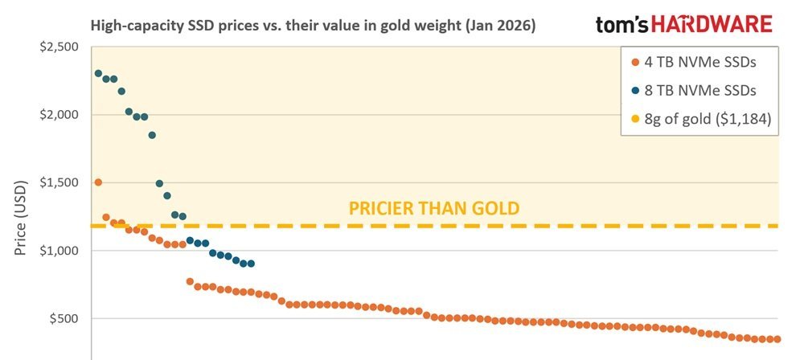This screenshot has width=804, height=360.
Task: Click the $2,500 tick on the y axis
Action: (58, 47)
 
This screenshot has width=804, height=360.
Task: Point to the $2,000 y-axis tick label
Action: (58, 115)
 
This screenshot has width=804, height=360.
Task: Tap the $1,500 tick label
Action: (58, 182)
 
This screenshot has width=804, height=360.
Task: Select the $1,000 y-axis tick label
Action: (58, 251)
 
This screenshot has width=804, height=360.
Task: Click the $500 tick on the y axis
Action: (63, 319)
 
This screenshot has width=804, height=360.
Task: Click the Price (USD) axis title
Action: (23, 216)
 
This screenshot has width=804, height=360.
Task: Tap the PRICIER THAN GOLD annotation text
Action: (433, 209)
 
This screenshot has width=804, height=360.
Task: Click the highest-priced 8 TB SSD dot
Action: (98, 73)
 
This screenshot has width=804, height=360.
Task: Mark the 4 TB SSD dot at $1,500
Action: (98, 182)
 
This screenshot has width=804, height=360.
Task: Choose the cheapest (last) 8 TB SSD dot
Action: (251, 264)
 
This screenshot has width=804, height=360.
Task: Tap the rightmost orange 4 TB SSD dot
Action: (777, 339)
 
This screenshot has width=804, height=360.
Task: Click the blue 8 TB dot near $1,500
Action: (159, 184)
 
